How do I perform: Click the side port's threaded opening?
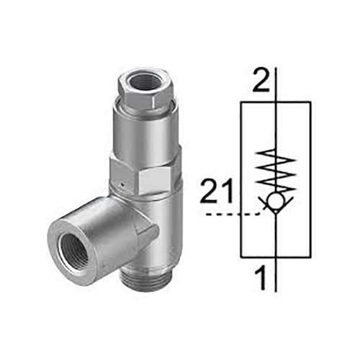(x=70, y=247)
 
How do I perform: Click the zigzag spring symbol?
(x=276, y=169)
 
